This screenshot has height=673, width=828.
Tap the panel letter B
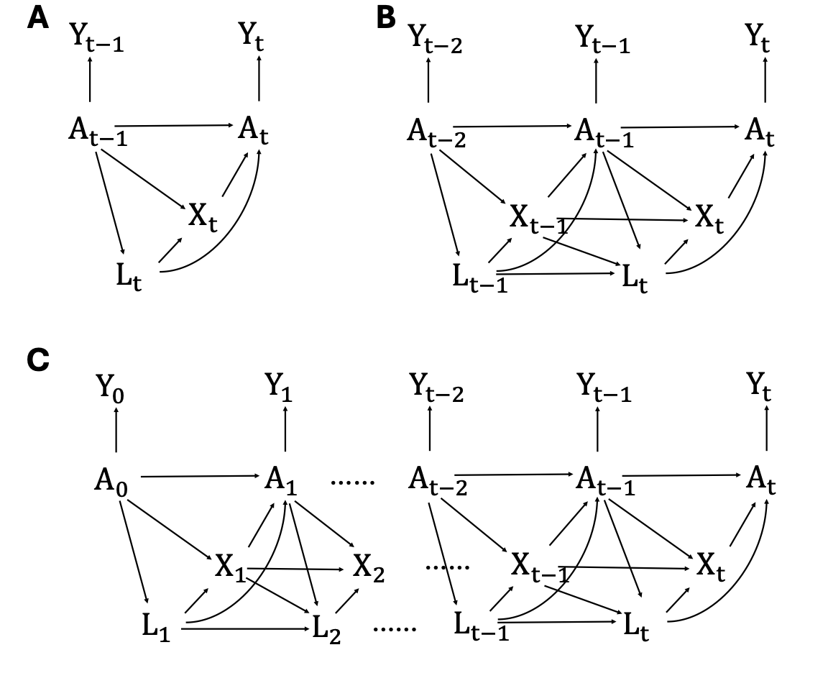click(386, 17)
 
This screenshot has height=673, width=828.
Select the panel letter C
click(38, 360)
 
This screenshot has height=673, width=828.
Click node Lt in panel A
click(129, 276)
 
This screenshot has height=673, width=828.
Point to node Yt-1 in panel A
click(96, 38)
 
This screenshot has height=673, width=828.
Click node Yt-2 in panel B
click(436, 39)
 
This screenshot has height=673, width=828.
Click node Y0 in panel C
click(110, 388)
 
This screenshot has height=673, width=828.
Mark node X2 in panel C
click(369, 569)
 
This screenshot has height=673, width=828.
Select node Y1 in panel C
click(279, 388)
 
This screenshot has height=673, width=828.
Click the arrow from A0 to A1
click(201, 477)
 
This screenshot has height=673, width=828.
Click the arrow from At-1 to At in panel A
click(172, 126)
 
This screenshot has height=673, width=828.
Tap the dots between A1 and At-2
click(353, 482)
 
